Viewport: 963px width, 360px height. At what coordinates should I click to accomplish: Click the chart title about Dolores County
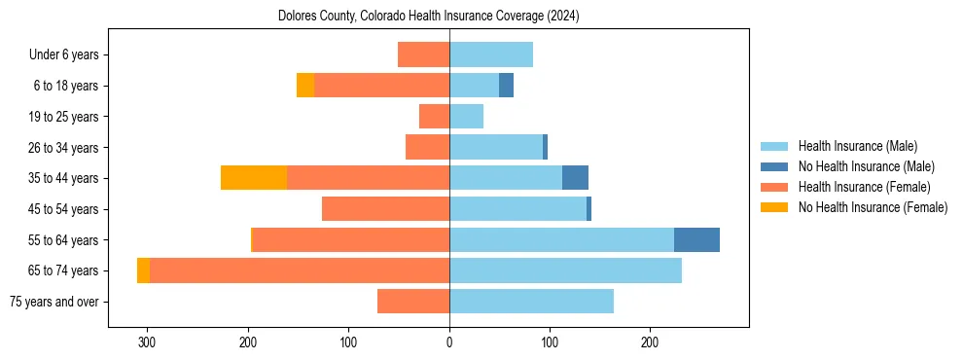pos(428,17)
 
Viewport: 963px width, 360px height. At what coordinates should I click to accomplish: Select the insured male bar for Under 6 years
pos(491,54)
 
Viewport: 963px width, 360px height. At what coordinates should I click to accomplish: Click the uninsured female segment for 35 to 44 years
pos(254,178)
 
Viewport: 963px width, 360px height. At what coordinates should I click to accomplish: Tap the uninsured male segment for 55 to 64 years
pos(696,239)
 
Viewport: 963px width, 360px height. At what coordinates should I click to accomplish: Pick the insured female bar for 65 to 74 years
pos(300,270)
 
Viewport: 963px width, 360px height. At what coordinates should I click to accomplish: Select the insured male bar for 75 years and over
pos(531,302)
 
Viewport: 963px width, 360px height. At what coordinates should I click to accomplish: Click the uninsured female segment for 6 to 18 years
pos(305,86)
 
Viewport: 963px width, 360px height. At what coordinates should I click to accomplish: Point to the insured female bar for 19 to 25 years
pos(434,117)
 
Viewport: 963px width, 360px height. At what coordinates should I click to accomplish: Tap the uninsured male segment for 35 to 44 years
pos(575,178)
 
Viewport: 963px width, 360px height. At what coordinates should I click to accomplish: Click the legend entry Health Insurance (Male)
pos(857,146)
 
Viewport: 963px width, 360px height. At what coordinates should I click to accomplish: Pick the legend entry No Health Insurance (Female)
pos(873,207)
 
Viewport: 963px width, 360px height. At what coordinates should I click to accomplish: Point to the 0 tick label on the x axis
pos(449,342)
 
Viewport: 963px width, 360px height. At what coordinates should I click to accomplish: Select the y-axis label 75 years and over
pos(54,302)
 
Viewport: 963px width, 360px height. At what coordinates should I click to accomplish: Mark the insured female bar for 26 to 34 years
pos(427,147)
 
